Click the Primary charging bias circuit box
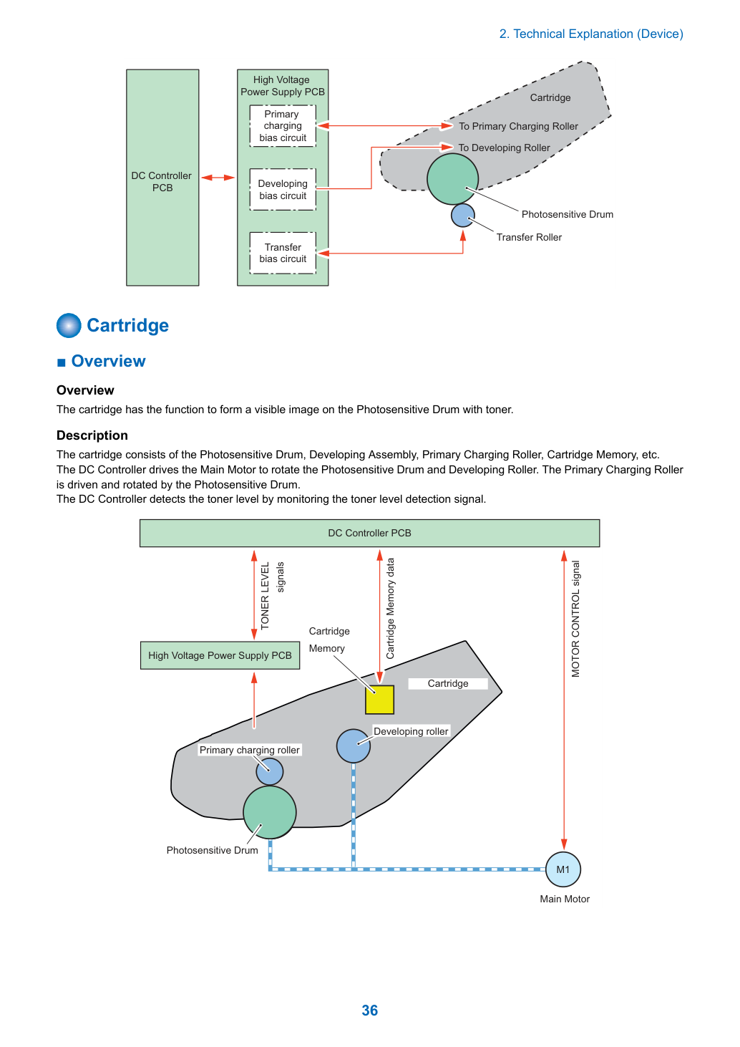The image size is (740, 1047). [x=283, y=126]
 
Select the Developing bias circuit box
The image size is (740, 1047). [x=283, y=189]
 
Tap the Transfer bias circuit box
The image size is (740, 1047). [x=283, y=253]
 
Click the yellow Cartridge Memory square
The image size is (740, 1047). [x=379, y=700]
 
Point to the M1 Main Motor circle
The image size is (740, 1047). [x=563, y=869]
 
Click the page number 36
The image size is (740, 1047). [x=369, y=1010]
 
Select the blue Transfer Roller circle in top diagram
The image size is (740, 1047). [x=462, y=216]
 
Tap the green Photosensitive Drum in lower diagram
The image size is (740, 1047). [x=270, y=812]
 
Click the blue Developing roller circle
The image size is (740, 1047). [x=354, y=746]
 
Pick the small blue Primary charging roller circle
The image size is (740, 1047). [x=270, y=771]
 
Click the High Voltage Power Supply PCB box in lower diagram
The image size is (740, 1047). [x=220, y=655]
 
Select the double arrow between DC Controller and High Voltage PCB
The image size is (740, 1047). [x=218, y=178]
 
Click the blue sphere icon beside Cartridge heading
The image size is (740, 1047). [x=69, y=325]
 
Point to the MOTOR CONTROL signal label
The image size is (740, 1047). [x=575, y=618]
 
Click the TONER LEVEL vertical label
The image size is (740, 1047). [x=265, y=596]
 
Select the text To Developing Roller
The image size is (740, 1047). [x=504, y=148]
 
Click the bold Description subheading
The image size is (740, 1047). [x=92, y=435]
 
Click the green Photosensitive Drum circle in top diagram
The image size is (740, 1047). [x=452, y=179]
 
